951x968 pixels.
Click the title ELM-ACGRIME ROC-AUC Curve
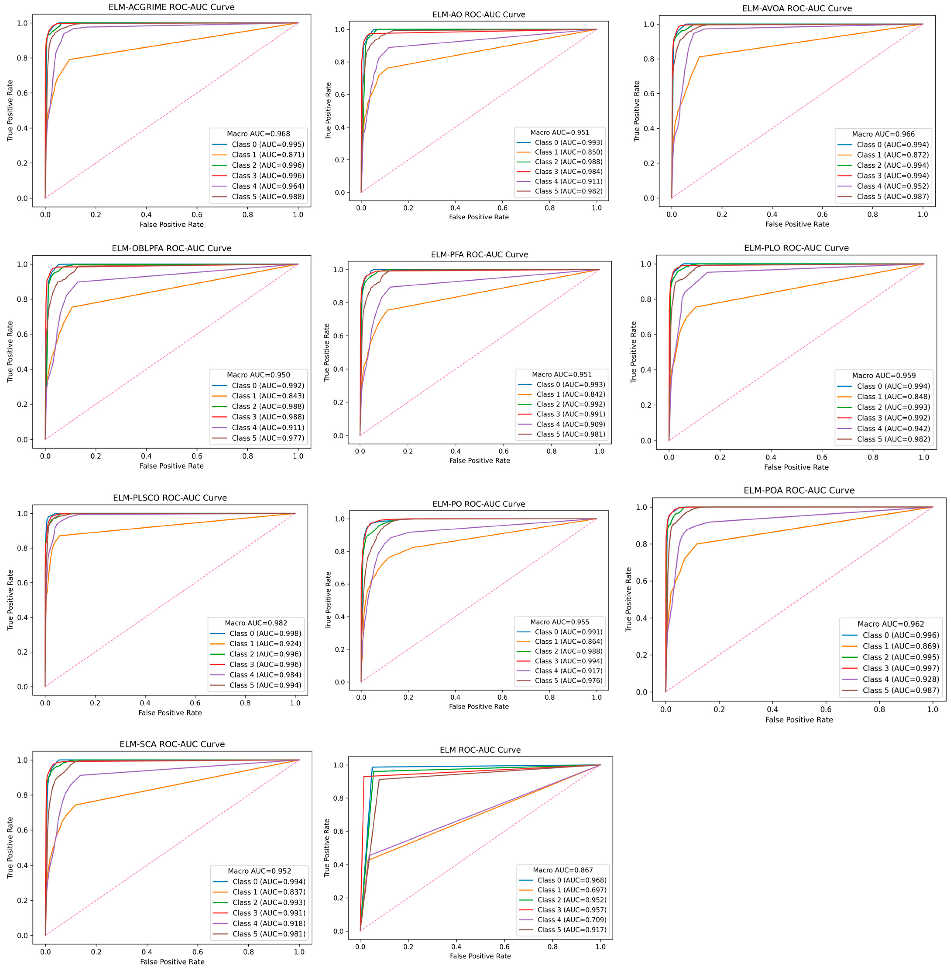pyautogui.click(x=171, y=7)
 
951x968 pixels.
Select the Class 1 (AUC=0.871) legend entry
pyautogui.click(x=267, y=155)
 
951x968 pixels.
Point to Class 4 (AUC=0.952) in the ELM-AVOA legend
pyautogui.click(x=893, y=186)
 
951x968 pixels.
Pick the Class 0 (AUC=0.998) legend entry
pyautogui.click(x=265, y=633)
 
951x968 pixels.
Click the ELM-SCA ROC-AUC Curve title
pyautogui.click(x=172, y=744)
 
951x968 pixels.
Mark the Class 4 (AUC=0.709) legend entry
pyautogui.click(x=571, y=920)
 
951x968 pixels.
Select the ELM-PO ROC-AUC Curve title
pyautogui.click(x=478, y=504)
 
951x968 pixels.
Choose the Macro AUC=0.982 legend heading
pyautogui.click(x=256, y=623)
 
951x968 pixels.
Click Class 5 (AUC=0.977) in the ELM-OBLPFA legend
pyautogui.click(x=267, y=438)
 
